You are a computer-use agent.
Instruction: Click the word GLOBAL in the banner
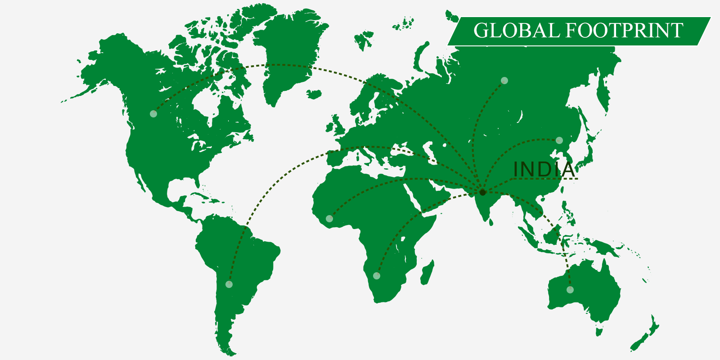coord(516,31)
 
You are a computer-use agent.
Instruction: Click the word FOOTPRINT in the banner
coord(624,31)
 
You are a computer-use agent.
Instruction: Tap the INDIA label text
coord(544,170)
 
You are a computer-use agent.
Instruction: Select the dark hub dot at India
coord(483,193)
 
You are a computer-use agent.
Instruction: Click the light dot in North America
coord(153,114)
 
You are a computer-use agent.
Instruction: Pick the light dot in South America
coord(229,284)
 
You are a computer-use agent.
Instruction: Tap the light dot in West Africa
coord(329,219)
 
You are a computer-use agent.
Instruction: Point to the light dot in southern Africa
coord(377,276)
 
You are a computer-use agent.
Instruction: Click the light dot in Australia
coord(570,290)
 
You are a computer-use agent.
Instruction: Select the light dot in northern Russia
coord(504,81)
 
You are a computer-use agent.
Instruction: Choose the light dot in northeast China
coord(559,140)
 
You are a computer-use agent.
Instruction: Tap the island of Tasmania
coord(599,332)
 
